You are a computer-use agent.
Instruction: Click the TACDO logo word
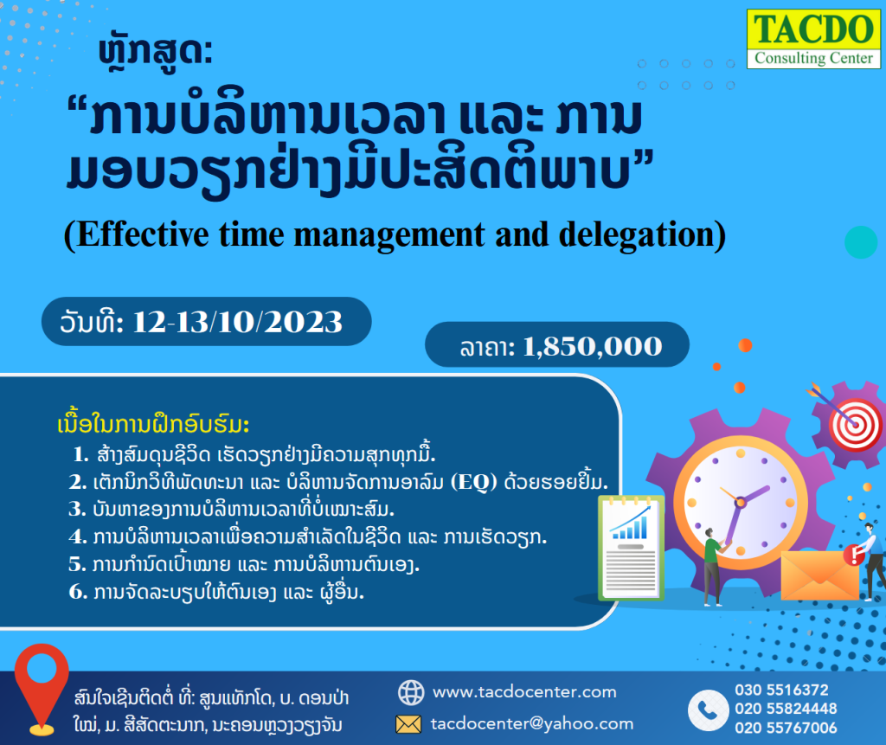point(813,29)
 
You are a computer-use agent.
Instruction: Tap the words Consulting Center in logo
point(813,58)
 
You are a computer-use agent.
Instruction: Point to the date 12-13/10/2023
point(237,322)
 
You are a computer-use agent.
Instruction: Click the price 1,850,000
point(592,346)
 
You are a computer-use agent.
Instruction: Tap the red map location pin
point(42,689)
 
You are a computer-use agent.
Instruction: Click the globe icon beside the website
point(411,692)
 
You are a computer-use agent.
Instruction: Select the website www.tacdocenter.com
point(524,692)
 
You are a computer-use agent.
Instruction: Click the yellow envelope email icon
point(408,724)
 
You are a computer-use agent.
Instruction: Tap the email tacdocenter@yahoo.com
point(532,723)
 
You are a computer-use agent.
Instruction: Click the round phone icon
point(708,710)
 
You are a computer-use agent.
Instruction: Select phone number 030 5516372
point(781,690)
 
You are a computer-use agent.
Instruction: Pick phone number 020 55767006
point(786,728)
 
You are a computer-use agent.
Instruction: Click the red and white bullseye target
point(855,425)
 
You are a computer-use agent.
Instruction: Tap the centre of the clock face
point(741,502)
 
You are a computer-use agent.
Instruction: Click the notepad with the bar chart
point(631,547)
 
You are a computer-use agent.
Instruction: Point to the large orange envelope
point(820,575)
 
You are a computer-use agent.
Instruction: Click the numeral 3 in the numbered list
point(76,510)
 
